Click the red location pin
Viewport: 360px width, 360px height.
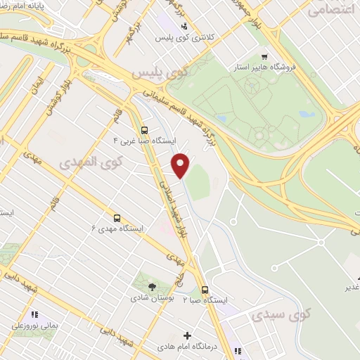tap(182, 165)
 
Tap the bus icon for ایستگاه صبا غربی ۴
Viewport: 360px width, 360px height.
tap(143, 130)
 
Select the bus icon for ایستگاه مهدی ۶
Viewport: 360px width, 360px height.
tap(117, 218)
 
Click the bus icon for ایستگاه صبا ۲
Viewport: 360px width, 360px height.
tap(205, 289)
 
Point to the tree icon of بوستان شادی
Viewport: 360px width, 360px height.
tap(152, 285)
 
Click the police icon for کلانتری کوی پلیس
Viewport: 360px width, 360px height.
tap(184, 26)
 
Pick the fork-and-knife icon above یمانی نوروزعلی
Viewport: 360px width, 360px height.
tap(34, 314)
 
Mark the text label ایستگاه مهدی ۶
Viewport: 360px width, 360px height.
tap(117, 229)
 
